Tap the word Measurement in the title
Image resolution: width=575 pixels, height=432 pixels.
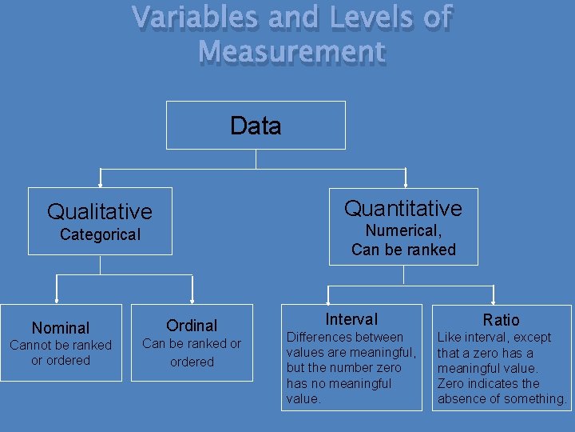click(x=291, y=53)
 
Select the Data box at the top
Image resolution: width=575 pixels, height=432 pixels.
click(x=256, y=126)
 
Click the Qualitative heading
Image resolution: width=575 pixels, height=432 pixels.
click(x=99, y=211)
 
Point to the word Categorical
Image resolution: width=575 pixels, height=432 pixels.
click(x=100, y=234)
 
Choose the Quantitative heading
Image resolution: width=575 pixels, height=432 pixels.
click(x=403, y=208)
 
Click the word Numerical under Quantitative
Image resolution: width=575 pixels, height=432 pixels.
click(x=402, y=230)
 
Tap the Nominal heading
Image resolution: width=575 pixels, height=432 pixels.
click(x=61, y=328)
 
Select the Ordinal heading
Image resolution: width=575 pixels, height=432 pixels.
click(x=192, y=325)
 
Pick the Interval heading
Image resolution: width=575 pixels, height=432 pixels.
click(x=351, y=319)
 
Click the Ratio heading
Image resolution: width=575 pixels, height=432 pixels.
click(x=501, y=320)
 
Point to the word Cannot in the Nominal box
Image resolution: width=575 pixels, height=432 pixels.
click(x=30, y=346)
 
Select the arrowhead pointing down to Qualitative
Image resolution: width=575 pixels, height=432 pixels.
click(x=100, y=184)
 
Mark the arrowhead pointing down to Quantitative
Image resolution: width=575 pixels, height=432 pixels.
click(x=406, y=184)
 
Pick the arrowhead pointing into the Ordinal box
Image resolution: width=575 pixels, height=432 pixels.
click(x=192, y=301)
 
